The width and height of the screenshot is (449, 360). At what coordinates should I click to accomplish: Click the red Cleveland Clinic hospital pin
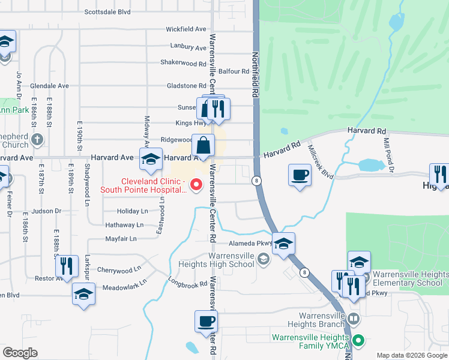pos(196,184)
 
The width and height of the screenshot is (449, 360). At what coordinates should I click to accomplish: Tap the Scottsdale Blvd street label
pos(107,11)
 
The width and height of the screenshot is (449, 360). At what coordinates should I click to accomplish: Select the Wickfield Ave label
pos(186,29)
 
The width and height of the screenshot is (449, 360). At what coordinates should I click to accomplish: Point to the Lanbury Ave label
pos(188,46)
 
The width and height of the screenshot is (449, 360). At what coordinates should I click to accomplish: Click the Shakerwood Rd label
pos(183,63)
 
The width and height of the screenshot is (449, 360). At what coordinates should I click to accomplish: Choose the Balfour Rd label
pos(234,71)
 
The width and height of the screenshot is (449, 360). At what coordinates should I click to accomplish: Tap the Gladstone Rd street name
pos(186,86)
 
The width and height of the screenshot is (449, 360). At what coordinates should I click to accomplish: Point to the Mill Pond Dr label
pos(388,154)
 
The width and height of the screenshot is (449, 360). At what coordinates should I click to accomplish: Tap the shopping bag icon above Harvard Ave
pos(203,145)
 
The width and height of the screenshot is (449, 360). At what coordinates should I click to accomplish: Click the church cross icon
pos(37,140)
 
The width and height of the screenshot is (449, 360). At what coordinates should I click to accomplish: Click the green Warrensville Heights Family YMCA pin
pos(358,341)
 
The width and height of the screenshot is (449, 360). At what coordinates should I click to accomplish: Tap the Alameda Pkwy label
pos(251,244)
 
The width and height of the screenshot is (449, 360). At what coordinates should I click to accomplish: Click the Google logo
pos(20,353)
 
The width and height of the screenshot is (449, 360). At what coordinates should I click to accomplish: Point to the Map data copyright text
pos(412,355)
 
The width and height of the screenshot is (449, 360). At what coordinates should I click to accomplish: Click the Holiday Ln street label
pos(132,211)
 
